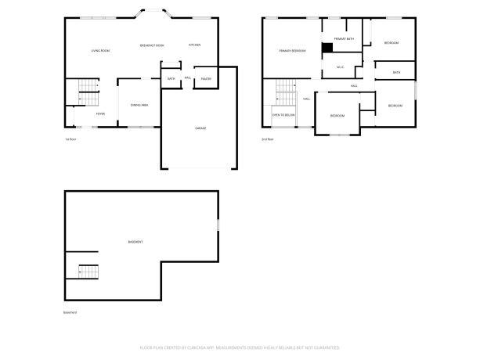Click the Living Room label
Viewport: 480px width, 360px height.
100,51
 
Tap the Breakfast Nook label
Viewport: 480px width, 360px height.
152,45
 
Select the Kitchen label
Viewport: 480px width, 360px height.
194,45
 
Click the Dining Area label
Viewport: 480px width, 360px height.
139,105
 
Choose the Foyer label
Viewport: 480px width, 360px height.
100,113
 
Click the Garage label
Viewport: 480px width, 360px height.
200,128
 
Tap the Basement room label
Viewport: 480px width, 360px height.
135,242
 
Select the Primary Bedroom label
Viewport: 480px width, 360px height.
292,51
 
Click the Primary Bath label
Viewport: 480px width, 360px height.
345,38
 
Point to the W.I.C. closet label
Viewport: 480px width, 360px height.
341,67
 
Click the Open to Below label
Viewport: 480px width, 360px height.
283,114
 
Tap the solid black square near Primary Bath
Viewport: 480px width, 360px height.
328,47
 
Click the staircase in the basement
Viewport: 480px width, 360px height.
88,272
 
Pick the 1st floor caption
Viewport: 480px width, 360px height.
70,139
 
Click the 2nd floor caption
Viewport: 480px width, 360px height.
267,139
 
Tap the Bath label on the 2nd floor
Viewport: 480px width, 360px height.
396,73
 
